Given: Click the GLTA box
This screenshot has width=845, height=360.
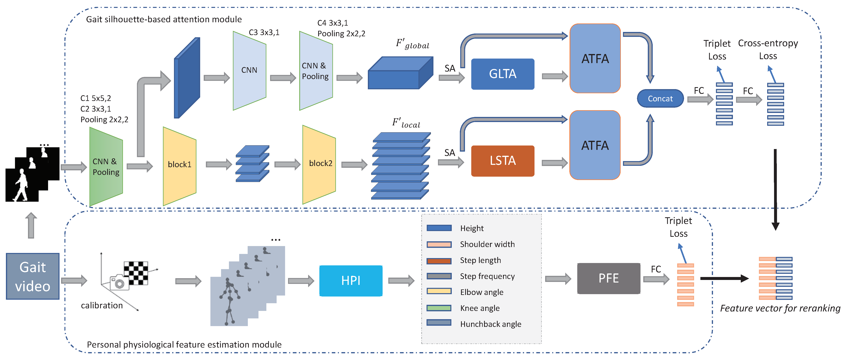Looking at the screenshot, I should coord(503,74).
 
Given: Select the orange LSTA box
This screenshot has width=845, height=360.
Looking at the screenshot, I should coord(503,161).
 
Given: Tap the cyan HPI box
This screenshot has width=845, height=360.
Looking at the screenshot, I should coord(351,281).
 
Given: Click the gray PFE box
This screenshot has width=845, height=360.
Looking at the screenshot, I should coord(609,278).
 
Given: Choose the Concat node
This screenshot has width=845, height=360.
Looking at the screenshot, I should coord(660,98).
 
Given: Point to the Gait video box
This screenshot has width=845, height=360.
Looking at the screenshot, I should coord(33,276).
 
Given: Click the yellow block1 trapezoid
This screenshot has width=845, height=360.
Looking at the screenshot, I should coord(179,166).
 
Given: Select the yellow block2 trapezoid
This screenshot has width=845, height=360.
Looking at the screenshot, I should coord(319,164).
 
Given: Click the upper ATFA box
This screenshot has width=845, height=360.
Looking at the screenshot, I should coord(595,58).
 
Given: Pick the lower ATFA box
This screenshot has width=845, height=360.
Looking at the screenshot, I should coord(595,145).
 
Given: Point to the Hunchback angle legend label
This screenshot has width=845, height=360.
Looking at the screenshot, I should coord(490,324).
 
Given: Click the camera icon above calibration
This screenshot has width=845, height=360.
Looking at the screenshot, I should coord(119,283).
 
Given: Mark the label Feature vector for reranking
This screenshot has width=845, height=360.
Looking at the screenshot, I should coord(780,309).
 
